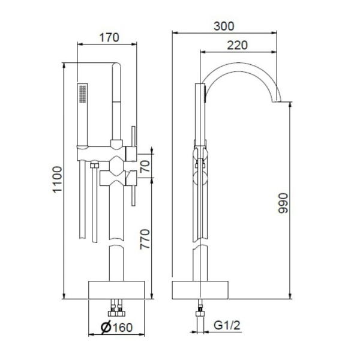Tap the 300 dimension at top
(x=223, y=26)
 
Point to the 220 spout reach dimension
(x=238, y=44)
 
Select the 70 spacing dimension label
(x=145, y=166)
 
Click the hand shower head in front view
(x=82, y=114)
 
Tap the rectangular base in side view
(x=201, y=289)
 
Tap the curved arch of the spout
(x=240, y=70)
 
